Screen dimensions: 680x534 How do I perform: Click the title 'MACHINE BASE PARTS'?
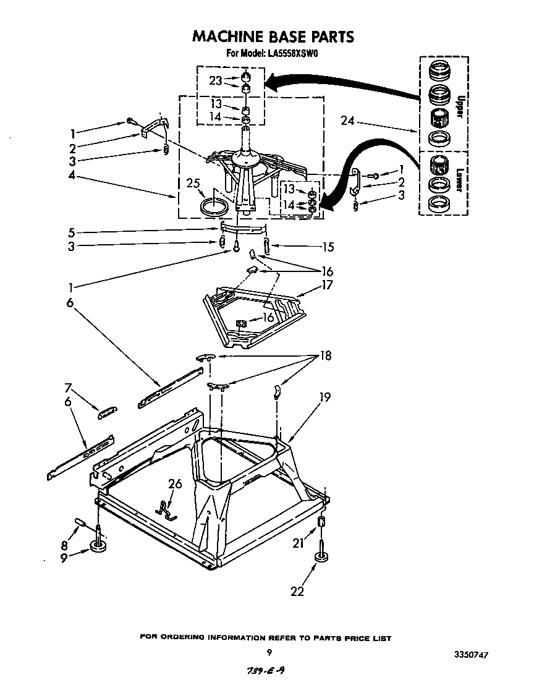coord(273,36)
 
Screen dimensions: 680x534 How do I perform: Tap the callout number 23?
coord(214,79)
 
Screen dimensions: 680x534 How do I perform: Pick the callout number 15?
coord(328,247)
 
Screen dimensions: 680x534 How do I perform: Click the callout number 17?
coord(326,285)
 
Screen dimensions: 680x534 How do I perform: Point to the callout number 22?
coord(297,591)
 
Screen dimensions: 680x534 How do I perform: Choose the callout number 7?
coord(69,388)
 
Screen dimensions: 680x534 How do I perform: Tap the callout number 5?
coord(72,234)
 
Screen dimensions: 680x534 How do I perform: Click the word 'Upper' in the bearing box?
coord(459,106)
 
